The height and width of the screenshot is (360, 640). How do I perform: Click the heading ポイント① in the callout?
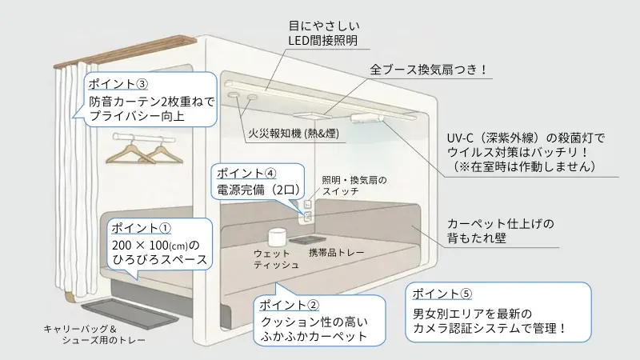pyautogui.click(x=139, y=227)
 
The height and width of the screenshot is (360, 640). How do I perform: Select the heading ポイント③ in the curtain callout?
pyautogui.click(x=118, y=84)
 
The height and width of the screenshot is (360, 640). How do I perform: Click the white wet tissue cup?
pyautogui.click(x=276, y=238)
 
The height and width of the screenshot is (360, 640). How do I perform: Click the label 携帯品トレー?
pyautogui.click(x=336, y=253)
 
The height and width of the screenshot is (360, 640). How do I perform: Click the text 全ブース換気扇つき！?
pyautogui.click(x=428, y=70)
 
